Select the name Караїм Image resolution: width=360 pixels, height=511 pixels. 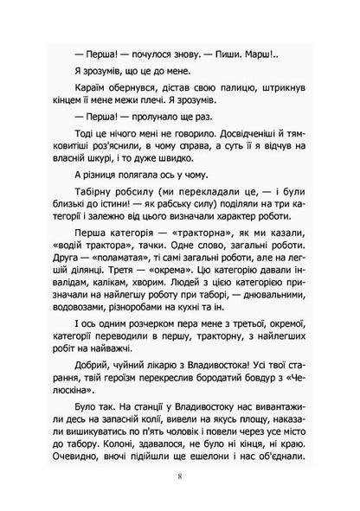coord(70,95)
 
